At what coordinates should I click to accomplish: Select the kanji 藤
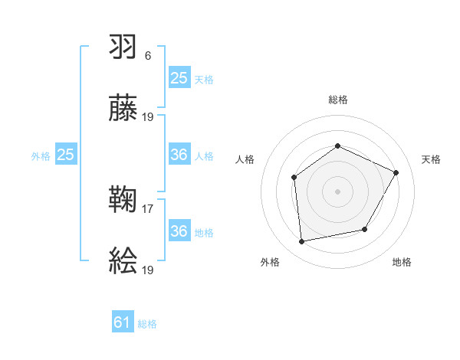[x=123, y=109]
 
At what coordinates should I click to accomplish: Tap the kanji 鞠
[x=123, y=201]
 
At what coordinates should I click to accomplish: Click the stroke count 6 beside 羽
[x=148, y=56]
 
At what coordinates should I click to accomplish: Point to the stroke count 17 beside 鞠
[x=149, y=208]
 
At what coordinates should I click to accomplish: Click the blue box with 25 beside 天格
[x=179, y=77]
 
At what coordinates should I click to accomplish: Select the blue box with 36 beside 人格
[x=179, y=155]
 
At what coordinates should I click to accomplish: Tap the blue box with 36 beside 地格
[x=179, y=231]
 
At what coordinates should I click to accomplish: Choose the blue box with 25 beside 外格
[x=65, y=155]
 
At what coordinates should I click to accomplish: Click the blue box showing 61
[x=123, y=322]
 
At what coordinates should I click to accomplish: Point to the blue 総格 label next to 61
[x=147, y=324]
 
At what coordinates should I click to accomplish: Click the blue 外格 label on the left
[x=41, y=156]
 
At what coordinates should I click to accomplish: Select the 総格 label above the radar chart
[x=337, y=100]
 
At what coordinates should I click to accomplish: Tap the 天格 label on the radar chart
[x=432, y=159]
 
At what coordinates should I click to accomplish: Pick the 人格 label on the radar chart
[x=245, y=159]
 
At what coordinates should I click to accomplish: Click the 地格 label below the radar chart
[x=402, y=263]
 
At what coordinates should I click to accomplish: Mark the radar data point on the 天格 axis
[x=396, y=172]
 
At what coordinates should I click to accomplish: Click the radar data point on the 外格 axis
[x=302, y=242]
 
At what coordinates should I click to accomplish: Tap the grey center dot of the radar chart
[x=337, y=191]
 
